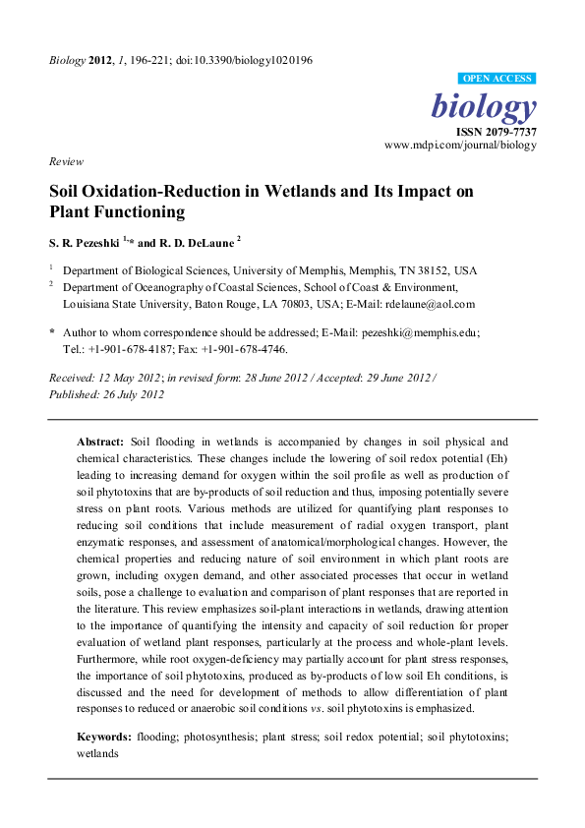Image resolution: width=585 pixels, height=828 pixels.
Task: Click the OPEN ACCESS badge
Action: point(497,79)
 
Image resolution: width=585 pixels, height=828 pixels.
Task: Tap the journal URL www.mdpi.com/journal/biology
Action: point(460,145)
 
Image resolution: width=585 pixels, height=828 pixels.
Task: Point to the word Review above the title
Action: point(66,161)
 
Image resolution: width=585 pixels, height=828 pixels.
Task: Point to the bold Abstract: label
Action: point(100,442)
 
